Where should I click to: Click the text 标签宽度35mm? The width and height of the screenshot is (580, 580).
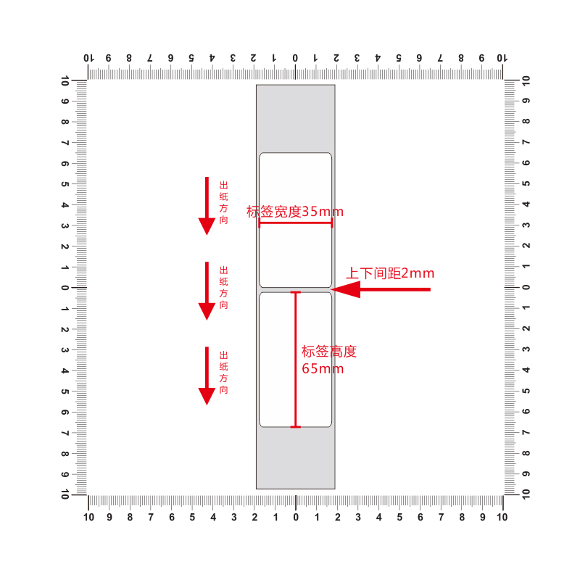coord(295,212)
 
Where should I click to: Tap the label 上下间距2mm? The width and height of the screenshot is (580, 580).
coord(389,273)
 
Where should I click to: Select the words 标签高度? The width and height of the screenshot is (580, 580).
coord(329,352)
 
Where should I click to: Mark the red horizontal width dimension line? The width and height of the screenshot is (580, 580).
coord(295,223)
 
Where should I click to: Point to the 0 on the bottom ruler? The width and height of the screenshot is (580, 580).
coord(296,518)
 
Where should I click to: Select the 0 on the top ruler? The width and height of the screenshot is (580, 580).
coord(295,57)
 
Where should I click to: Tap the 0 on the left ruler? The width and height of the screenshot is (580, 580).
coord(65,288)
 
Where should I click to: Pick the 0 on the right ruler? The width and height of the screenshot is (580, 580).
coord(526,288)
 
